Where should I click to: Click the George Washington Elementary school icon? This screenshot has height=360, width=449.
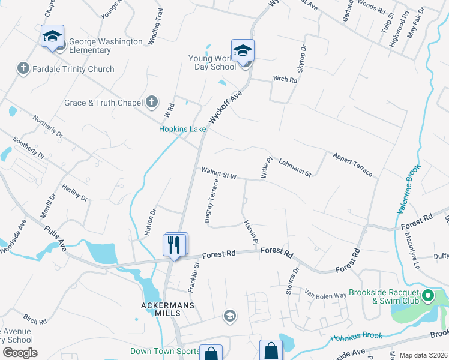click(52, 37)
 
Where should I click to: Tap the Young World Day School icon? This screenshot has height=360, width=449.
click(243, 50)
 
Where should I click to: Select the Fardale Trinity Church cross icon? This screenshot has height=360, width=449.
click(23, 68)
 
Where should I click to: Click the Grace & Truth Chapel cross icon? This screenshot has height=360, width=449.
click(152, 102)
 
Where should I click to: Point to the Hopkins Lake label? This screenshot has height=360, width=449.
click(182, 129)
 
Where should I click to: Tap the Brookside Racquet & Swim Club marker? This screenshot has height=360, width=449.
click(428, 295)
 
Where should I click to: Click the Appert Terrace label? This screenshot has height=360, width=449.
click(352, 164)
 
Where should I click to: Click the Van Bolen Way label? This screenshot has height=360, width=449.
click(326, 295)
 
